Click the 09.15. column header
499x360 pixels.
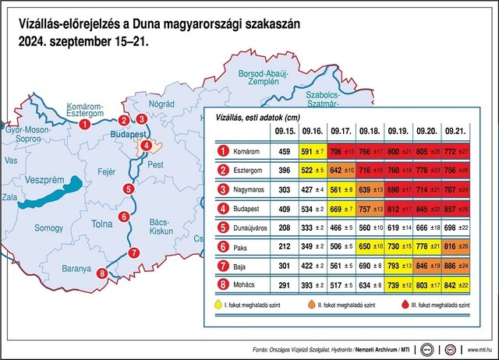[x=285, y=132]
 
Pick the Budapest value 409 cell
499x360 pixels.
[x=285, y=209]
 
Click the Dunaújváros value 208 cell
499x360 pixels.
[x=285, y=228]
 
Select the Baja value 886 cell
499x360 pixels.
[x=453, y=266]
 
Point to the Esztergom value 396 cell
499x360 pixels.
[x=285, y=171]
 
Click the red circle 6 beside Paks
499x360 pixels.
[x=222, y=248]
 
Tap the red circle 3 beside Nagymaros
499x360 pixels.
[x=222, y=189]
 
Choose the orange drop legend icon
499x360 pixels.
[x=313, y=306]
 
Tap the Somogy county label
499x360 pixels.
[x=48, y=228]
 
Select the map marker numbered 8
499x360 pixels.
[x=101, y=273]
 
